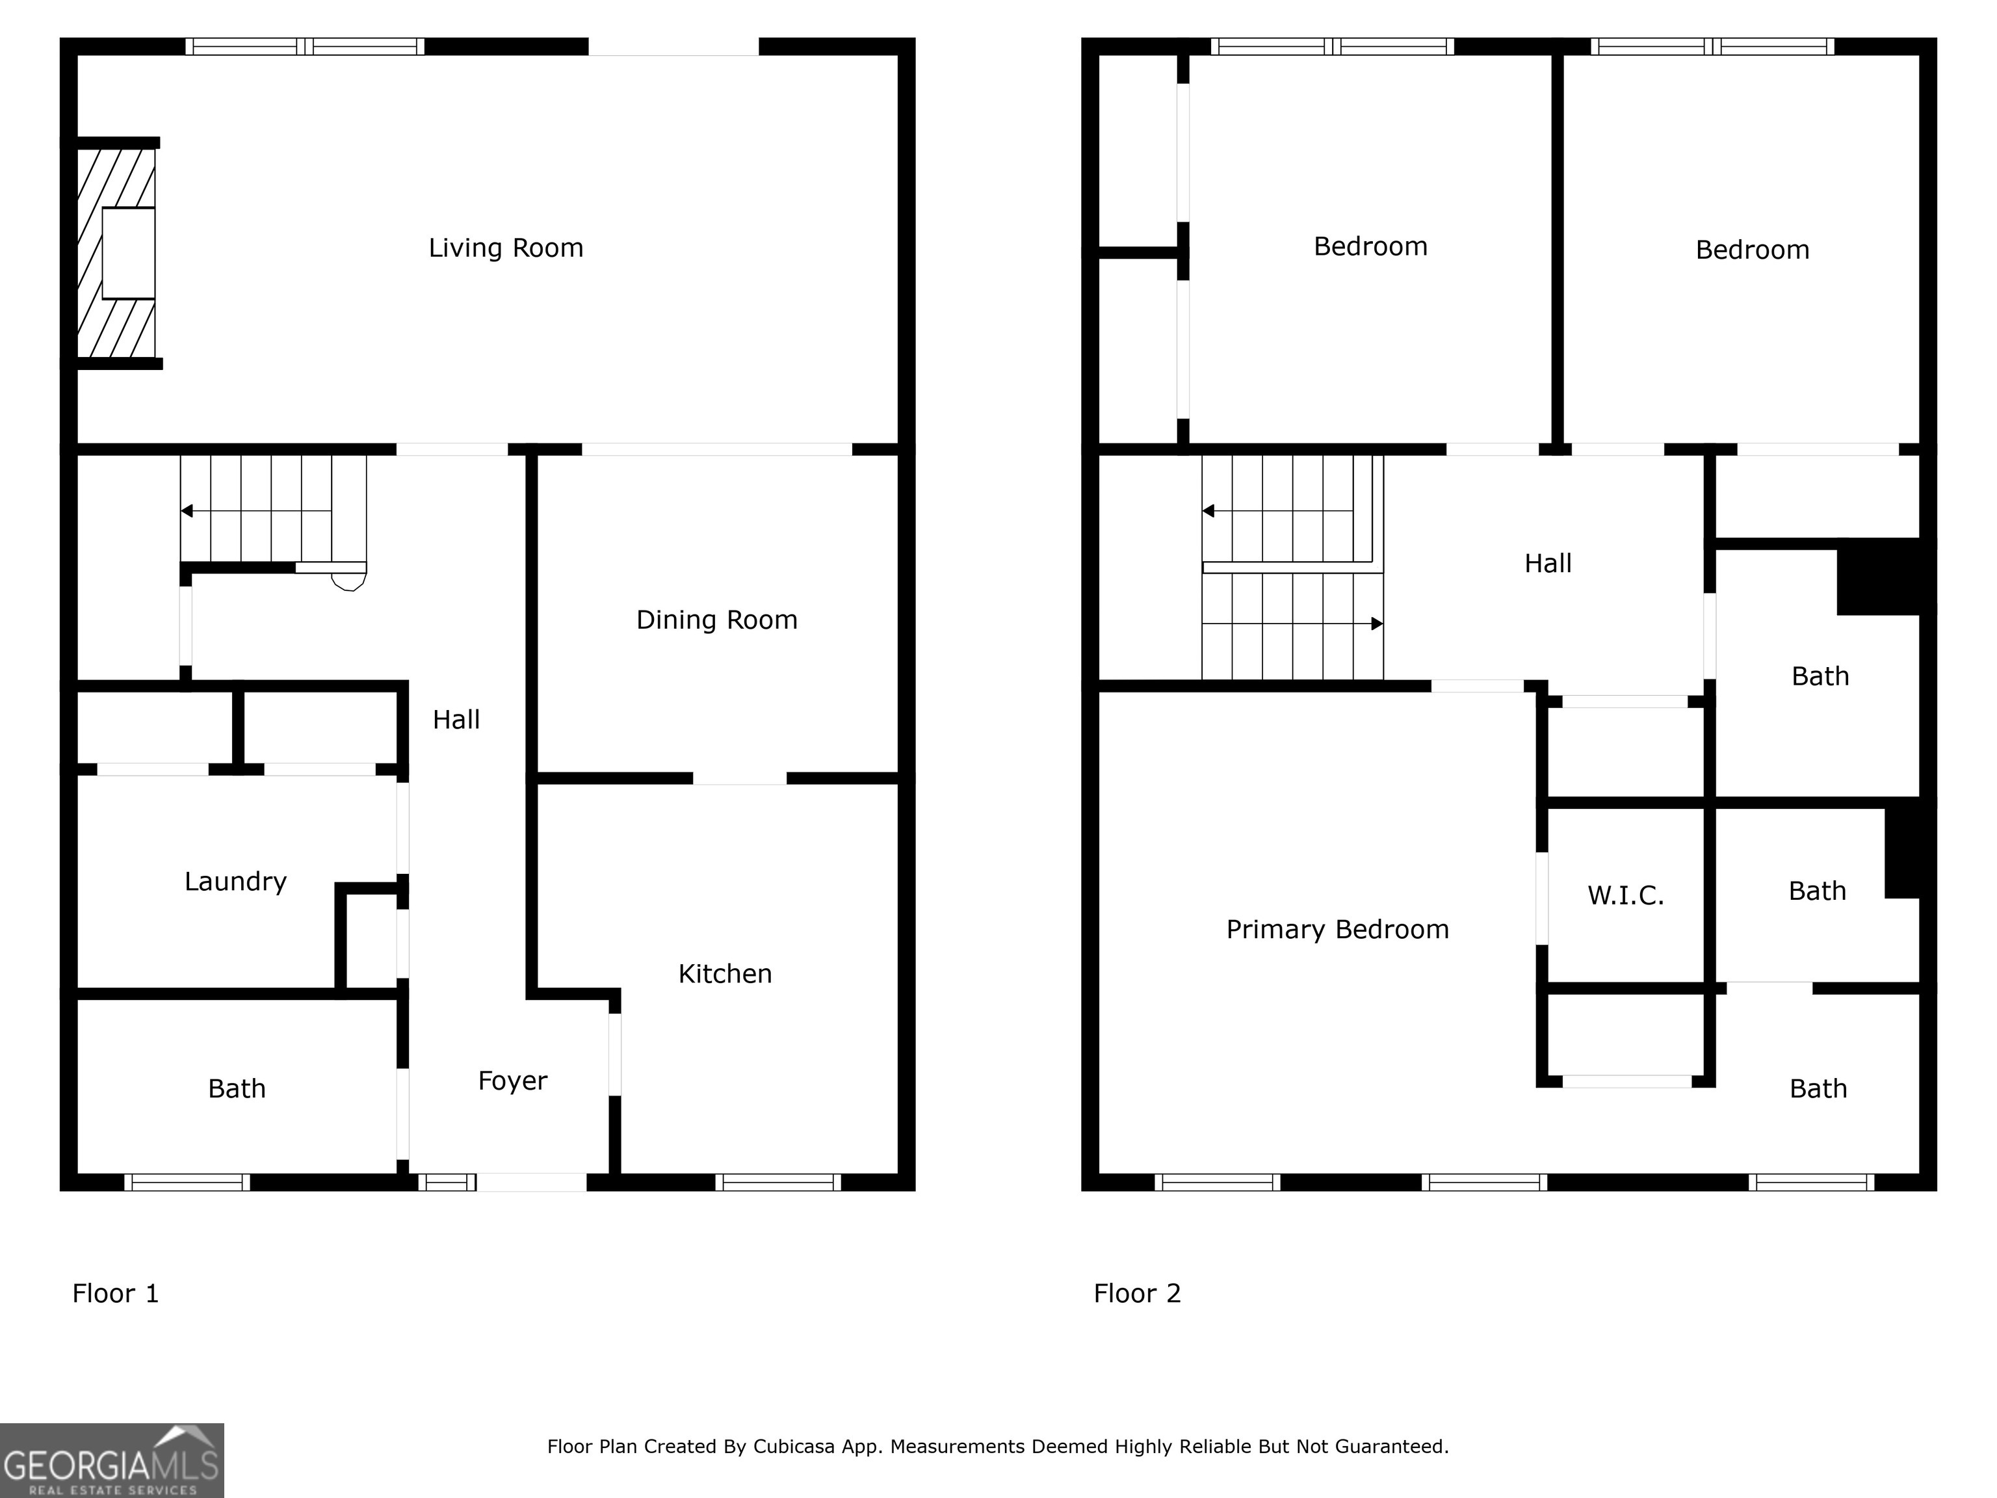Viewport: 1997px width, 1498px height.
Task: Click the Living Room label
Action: pyautogui.click(x=506, y=248)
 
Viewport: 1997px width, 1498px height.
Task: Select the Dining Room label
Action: pyautogui.click(x=717, y=620)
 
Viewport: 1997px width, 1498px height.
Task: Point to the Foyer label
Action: pyautogui.click(x=512, y=1081)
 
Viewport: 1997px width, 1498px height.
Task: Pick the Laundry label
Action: pyautogui.click(x=235, y=881)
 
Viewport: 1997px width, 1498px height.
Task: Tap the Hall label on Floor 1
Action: pyautogui.click(x=456, y=720)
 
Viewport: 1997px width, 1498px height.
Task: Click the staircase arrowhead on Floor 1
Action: pyautogui.click(x=187, y=511)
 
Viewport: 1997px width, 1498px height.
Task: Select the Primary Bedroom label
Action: pyautogui.click(x=1337, y=930)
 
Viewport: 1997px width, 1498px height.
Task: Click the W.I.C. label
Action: pyautogui.click(x=1625, y=896)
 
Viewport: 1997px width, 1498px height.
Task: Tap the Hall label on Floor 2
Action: pyautogui.click(x=1547, y=564)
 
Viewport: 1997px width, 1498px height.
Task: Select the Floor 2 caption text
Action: pyautogui.click(x=1136, y=1294)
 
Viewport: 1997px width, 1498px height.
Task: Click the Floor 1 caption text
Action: pyautogui.click(x=116, y=1294)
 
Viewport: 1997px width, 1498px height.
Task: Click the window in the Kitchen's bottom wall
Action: pyautogui.click(x=778, y=1182)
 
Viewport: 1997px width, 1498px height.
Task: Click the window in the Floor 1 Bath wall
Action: pyautogui.click(x=187, y=1182)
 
